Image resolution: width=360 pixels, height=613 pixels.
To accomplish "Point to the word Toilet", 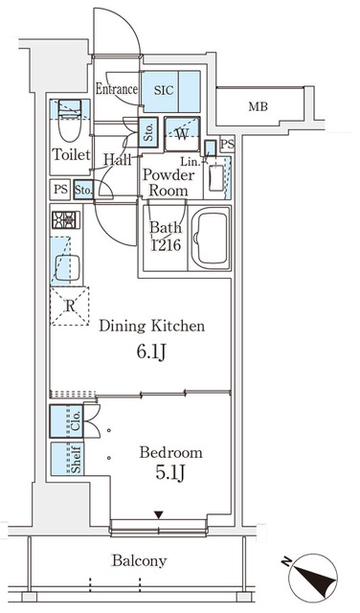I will coord(71,155).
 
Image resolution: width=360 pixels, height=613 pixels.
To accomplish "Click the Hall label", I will coord(118,160).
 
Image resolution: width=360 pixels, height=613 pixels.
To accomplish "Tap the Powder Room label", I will coord(169,182).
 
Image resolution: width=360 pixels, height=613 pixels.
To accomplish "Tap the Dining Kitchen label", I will coord(152,327).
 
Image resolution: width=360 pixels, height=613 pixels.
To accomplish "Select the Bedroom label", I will coord(169,452).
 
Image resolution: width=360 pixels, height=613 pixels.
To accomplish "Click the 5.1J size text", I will coord(170,476).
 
